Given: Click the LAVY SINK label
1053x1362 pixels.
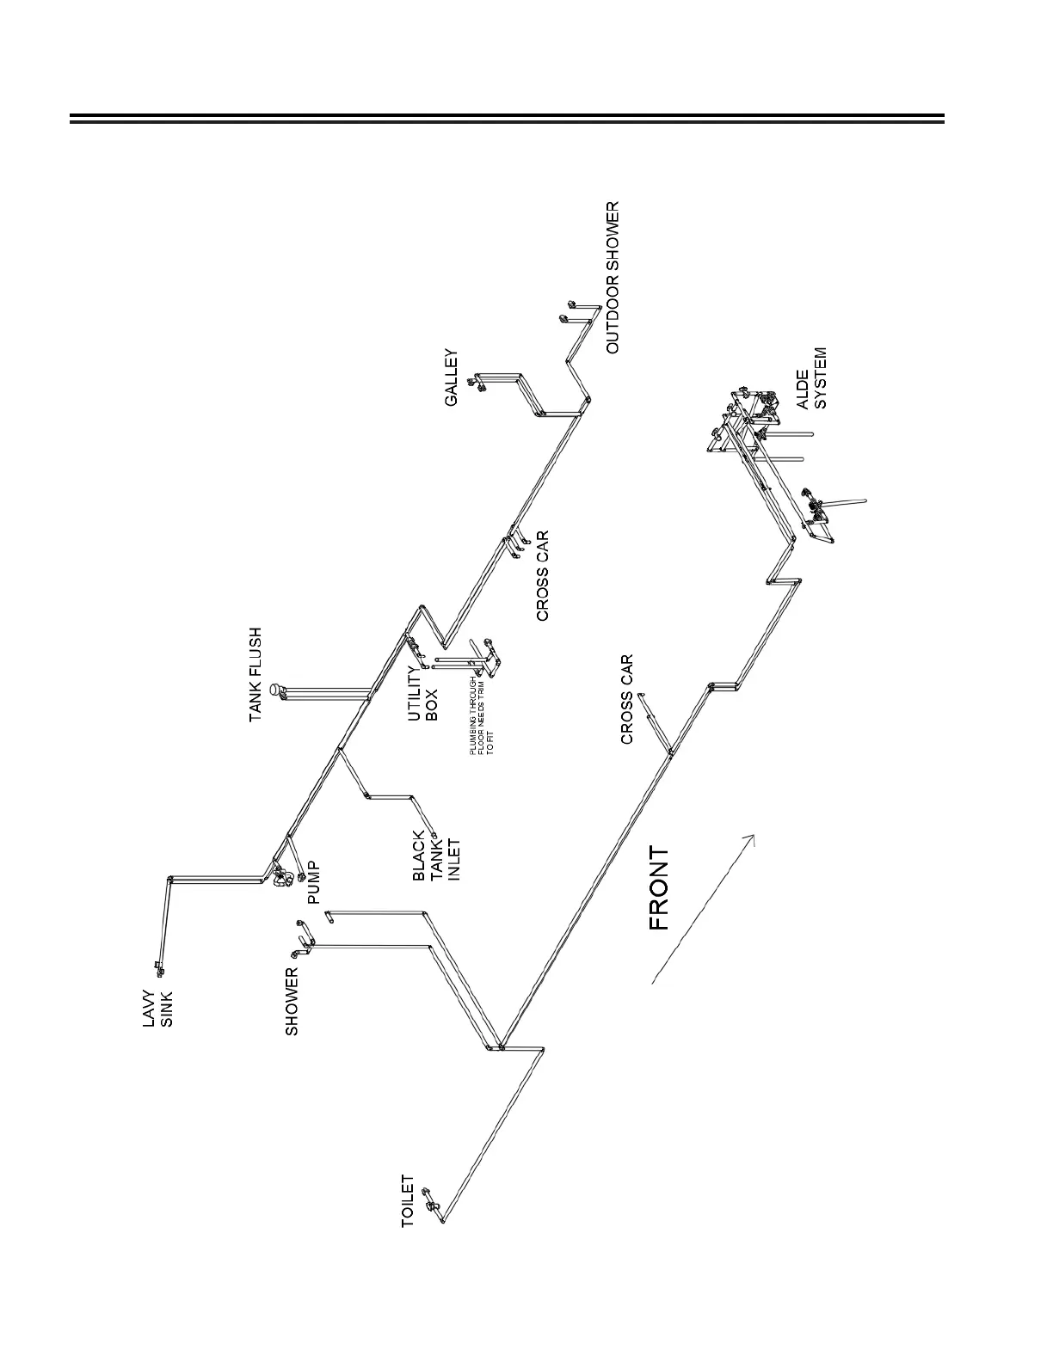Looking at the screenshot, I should [158, 1008].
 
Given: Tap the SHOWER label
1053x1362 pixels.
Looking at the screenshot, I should [292, 1001].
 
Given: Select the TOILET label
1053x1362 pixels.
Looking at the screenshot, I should [409, 1201].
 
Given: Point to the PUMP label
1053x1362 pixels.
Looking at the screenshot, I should [314, 883].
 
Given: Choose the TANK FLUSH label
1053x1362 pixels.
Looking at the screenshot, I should [256, 675].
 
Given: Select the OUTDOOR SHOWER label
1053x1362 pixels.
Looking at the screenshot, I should [612, 278].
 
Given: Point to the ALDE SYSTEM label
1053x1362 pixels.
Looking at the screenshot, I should [811, 378].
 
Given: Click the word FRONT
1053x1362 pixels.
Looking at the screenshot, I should [658, 888].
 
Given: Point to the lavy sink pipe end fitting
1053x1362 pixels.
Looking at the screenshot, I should [158, 970].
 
